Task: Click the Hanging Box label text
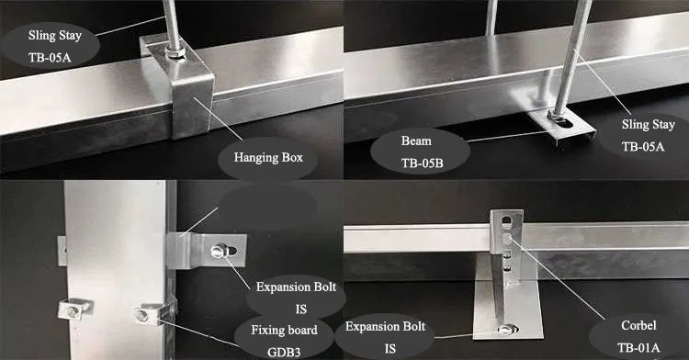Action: coord(268,157)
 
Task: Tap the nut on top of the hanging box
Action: coord(175,53)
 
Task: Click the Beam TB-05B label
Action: coord(422,152)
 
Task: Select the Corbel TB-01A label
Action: coord(638,336)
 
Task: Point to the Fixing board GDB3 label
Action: coord(284,340)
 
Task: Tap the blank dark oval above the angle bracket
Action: coord(267,207)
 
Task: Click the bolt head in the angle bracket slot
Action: coord(219,252)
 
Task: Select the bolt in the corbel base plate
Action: coord(506,329)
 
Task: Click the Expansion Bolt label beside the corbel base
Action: coord(385,337)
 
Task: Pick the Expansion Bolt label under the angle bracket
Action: coord(296,298)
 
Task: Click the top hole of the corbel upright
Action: coord(506,219)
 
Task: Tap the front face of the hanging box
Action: coord(193,106)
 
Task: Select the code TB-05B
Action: coord(422,163)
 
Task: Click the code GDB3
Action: coord(284,352)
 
